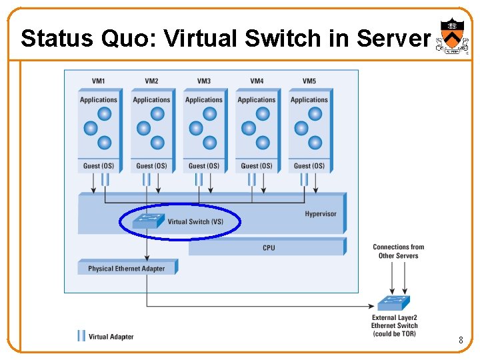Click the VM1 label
pos(98,81)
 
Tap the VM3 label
pos(204,81)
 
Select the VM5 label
pos(309,81)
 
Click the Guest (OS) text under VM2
pos(151,166)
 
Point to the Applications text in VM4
pos(257,100)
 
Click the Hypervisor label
pos(321,214)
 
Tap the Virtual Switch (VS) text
pos(195,222)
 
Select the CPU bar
pos(268,248)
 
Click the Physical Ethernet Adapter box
pos(126,269)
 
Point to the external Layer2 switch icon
pos(393,303)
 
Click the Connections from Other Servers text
pos(398,251)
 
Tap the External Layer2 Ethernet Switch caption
pos(394,325)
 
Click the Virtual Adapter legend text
pos(111,337)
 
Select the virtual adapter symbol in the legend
pos(81,336)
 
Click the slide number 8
pos(460,341)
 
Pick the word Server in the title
pos(393,39)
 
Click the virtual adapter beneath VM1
pos(105,179)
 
